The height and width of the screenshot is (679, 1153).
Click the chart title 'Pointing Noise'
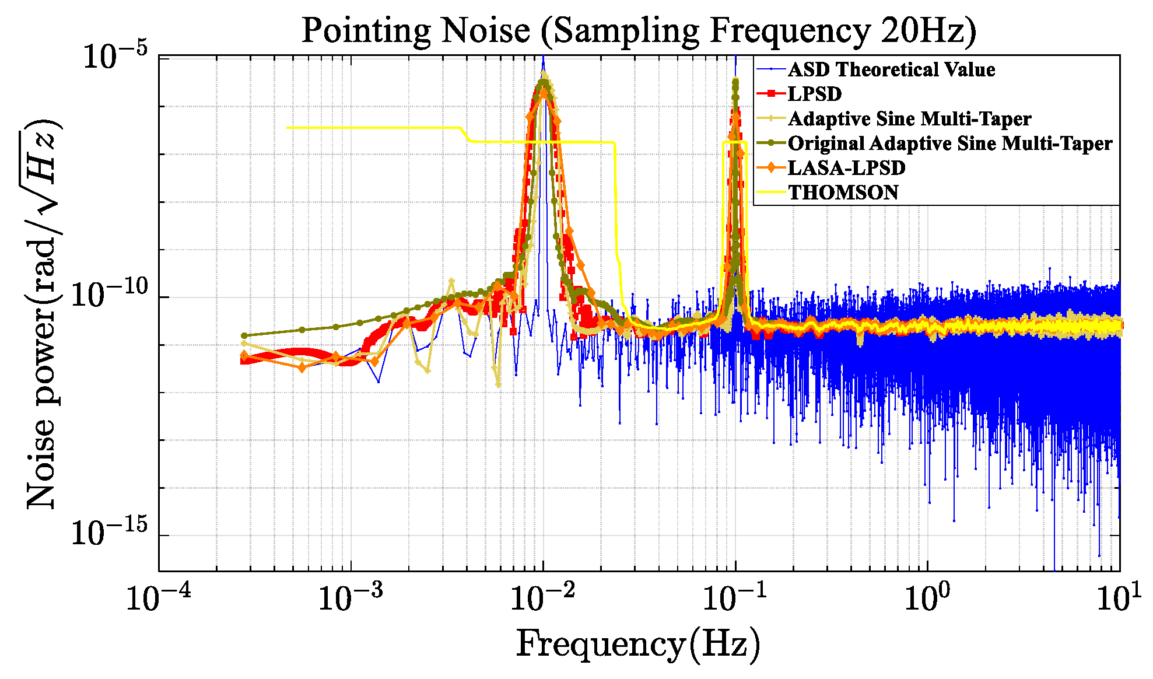(415, 30)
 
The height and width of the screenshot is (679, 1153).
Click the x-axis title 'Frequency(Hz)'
(638, 645)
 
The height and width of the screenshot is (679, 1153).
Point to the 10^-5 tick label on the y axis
(115, 57)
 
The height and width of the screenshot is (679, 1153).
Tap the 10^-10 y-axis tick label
(109, 296)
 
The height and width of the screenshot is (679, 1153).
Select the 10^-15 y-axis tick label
(109, 533)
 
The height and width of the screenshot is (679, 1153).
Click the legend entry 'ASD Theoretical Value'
(891, 69)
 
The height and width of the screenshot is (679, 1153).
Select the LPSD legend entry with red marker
(815, 94)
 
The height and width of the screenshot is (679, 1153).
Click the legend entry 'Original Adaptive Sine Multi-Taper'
(949, 143)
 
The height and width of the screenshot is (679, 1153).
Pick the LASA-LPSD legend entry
(846, 168)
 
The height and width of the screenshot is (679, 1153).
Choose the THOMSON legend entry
(843, 192)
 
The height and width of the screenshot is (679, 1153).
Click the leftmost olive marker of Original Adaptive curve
(244, 335)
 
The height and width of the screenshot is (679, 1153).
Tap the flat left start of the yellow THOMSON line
(288, 128)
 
